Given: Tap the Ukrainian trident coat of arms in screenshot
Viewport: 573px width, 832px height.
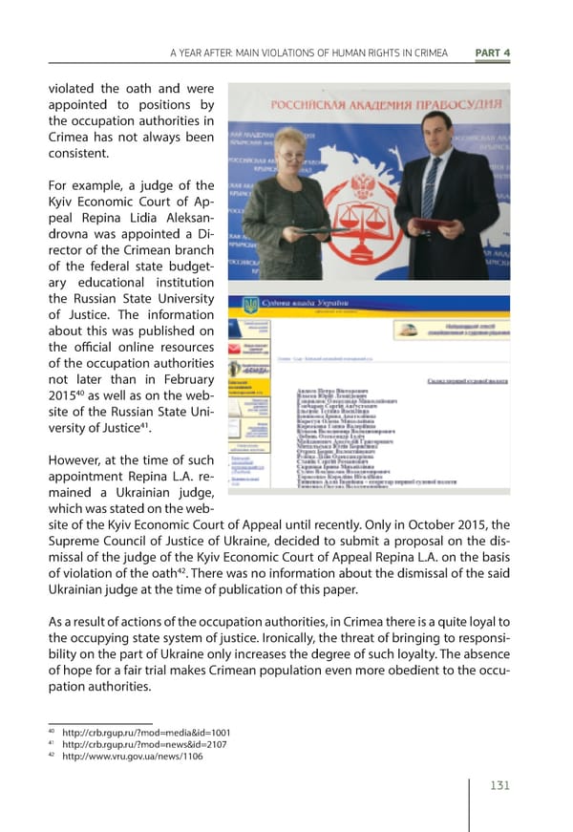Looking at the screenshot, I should click(250, 306).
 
